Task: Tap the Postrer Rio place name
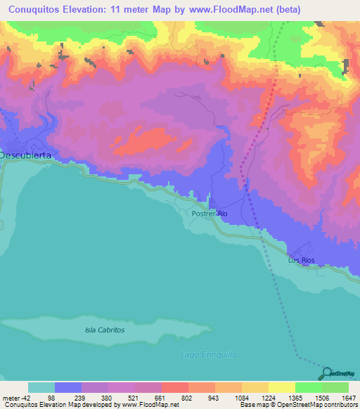pyautogui.click(x=210, y=213)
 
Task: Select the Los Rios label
pyautogui.click(x=302, y=260)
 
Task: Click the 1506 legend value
pyautogui.click(x=321, y=397)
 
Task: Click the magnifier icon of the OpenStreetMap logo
pyautogui.click(x=328, y=374)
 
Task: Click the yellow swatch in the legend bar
pyautogui.click(x=281, y=387)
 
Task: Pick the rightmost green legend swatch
pyautogui.click(x=335, y=387)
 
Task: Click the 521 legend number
pyautogui.click(x=134, y=397)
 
